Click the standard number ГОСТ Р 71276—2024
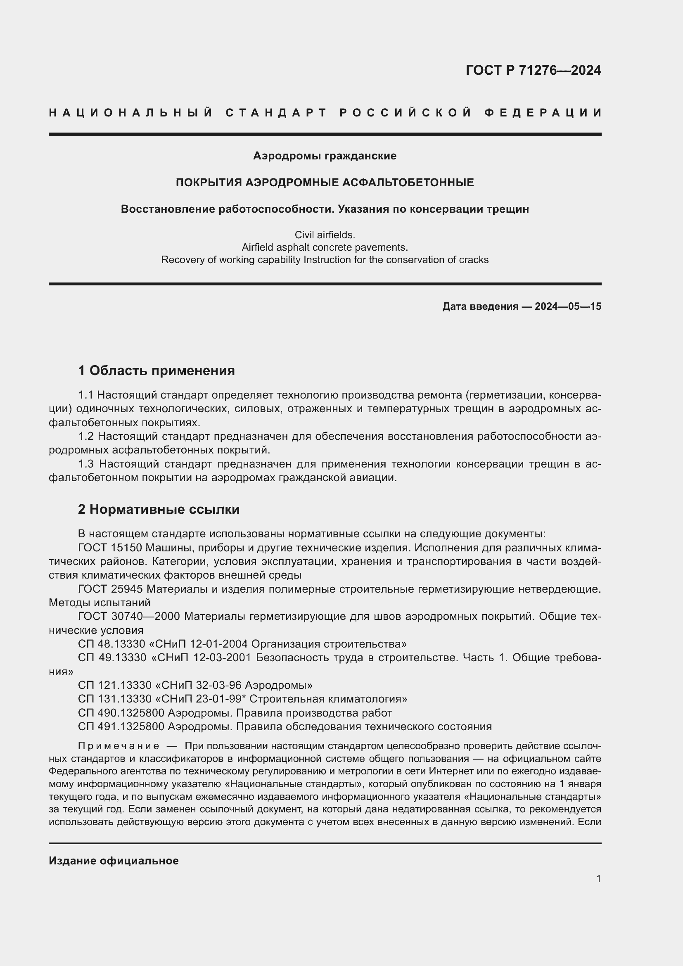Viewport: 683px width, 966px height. pos(533,70)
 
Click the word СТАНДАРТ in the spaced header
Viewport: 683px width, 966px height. pos(276,113)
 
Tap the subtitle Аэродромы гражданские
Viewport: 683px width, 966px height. pos(325,156)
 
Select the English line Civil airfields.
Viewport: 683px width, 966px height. pos(325,235)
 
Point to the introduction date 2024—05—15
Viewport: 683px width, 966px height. pos(568,306)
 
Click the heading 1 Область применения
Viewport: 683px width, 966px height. pos(157,370)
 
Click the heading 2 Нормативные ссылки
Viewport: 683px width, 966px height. pos(159,510)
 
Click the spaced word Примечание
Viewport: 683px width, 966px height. pos(119,746)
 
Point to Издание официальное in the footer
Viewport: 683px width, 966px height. pos(114,861)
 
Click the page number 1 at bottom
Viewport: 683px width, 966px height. pos(598,879)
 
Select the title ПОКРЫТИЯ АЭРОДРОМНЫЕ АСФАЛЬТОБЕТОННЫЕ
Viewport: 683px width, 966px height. pos(325,183)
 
